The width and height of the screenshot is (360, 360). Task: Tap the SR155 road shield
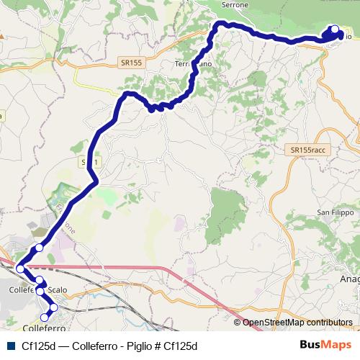point(132,63)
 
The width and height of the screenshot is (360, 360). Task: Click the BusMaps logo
point(325,346)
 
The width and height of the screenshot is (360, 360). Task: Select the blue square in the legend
point(9,346)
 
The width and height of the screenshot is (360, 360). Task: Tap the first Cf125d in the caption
point(36,346)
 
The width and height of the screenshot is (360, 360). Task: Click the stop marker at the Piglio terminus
point(334,30)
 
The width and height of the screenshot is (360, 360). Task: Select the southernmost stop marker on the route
point(45,317)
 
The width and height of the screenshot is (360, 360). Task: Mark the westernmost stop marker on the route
point(20,269)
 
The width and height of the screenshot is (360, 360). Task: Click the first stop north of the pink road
point(40,248)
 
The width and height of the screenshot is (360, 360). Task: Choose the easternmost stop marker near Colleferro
point(53,308)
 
